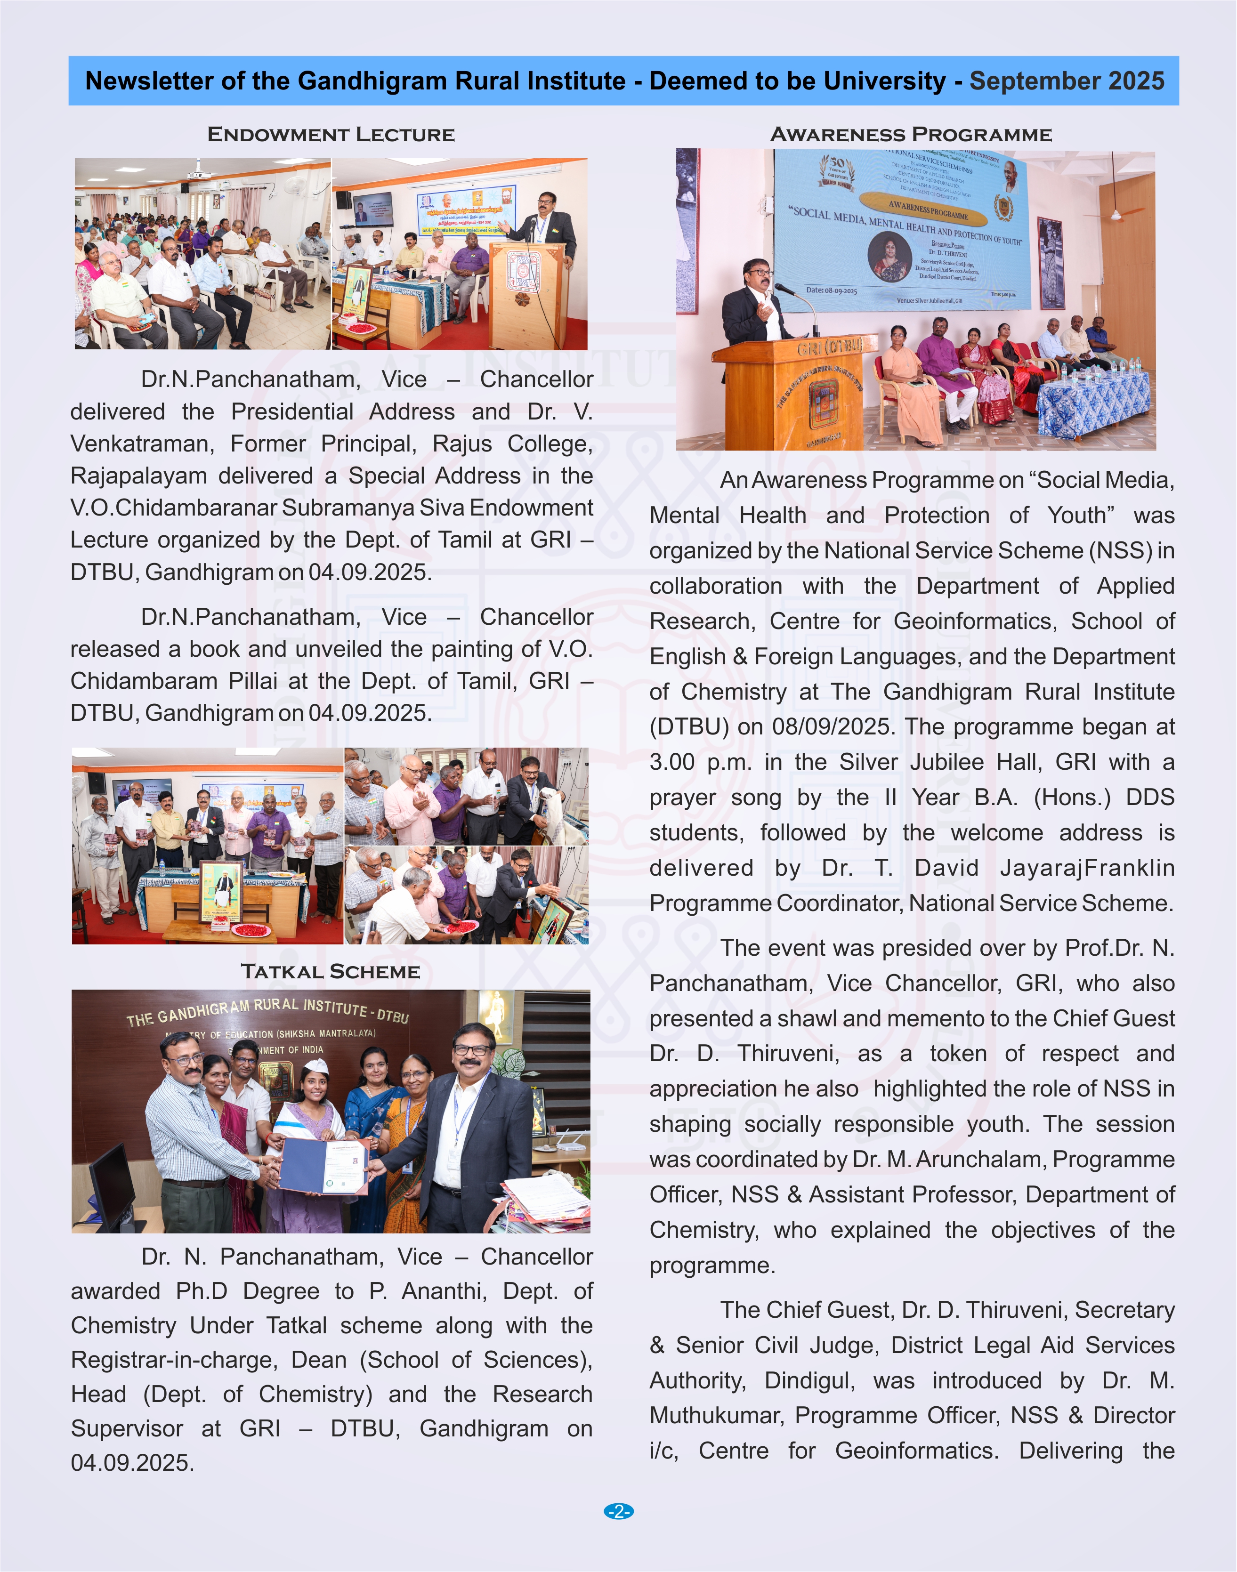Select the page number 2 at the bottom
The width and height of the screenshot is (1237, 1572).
619,1511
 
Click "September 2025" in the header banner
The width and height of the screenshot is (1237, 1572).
1066,81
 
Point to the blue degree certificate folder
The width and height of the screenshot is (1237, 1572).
324,1166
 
